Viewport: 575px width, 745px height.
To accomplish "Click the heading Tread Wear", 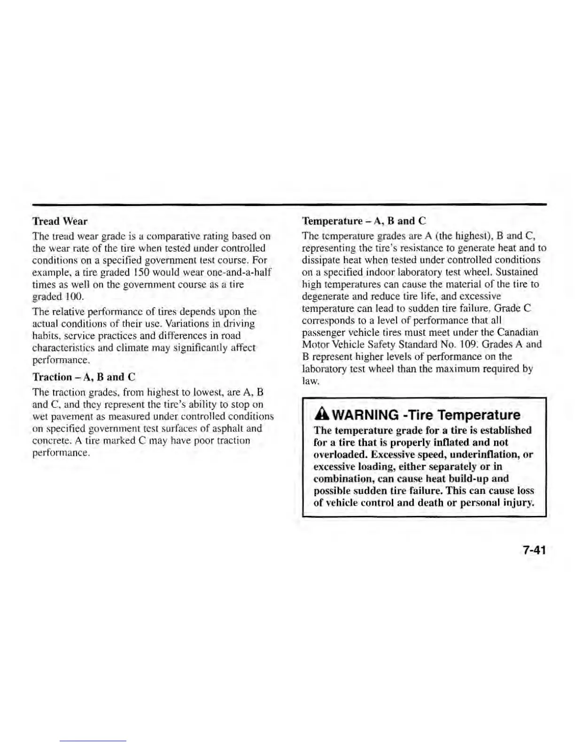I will pos(60,221).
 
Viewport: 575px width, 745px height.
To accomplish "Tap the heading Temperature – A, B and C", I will pos(364,221).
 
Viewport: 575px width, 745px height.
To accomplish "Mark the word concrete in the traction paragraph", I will pos(49,441).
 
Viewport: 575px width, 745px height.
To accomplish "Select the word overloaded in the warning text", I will pos(340,454).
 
